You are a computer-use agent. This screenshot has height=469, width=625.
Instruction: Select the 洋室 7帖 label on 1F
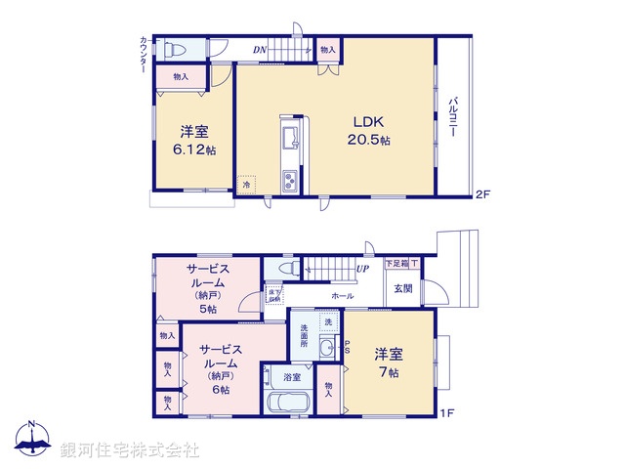[x=387, y=362]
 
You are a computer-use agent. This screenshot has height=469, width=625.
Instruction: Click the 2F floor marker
[x=481, y=194]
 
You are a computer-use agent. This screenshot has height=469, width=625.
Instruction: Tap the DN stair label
[x=261, y=49]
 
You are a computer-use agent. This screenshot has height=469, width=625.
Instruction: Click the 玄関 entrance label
[x=403, y=288]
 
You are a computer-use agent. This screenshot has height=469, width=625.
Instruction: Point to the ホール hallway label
[x=343, y=295]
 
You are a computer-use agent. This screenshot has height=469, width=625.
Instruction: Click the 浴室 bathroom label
[x=291, y=376]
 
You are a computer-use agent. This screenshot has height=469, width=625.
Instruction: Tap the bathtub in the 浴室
[x=286, y=403]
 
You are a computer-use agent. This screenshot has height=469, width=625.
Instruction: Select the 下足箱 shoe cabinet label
[x=396, y=264]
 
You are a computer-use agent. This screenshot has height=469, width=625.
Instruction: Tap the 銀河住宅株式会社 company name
[x=129, y=450]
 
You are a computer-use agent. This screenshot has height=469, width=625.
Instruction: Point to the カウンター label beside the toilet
[x=144, y=55]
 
